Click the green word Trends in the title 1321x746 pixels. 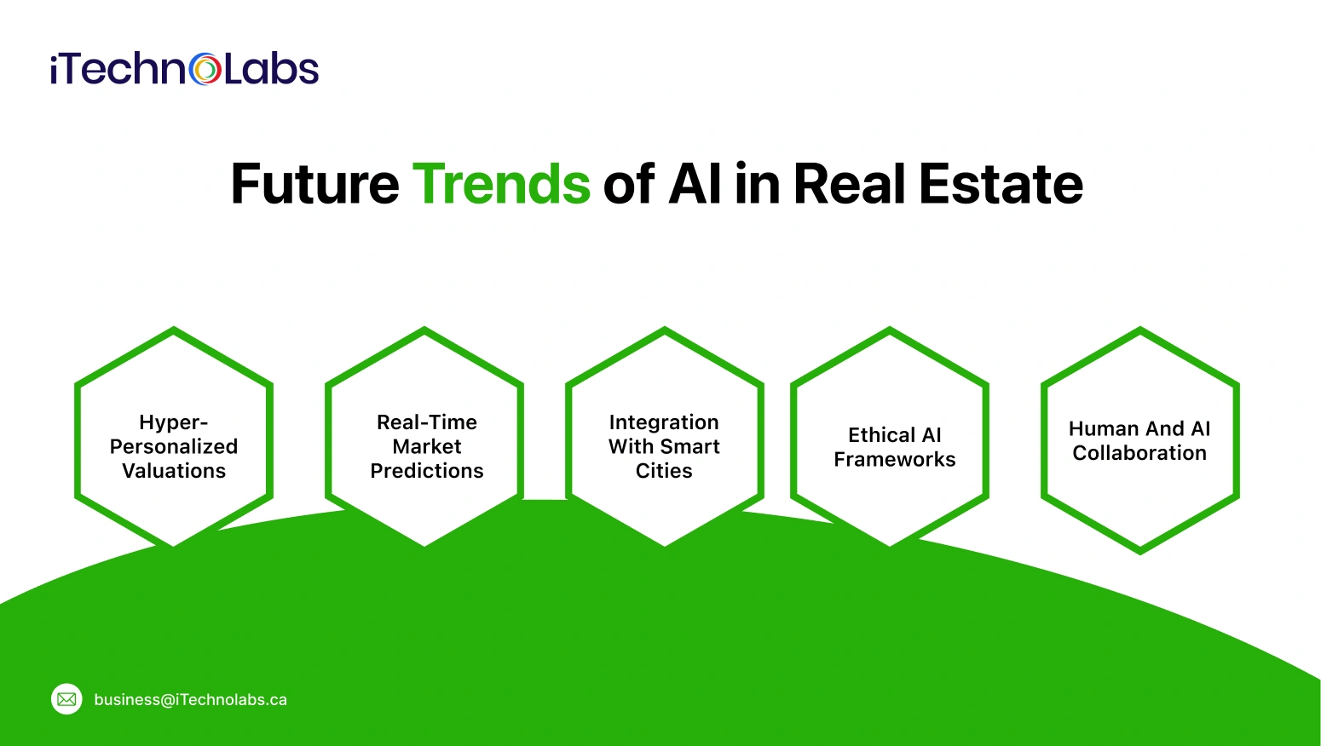[x=501, y=184]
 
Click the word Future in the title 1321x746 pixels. [x=314, y=184]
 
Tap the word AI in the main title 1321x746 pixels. [x=695, y=184]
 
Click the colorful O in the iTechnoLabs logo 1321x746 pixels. [x=205, y=70]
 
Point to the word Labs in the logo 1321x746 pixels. [x=271, y=70]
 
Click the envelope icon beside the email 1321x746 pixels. [x=66, y=699]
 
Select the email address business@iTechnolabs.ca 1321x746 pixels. [x=190, y=700]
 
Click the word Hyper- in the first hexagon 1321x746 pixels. [x=174, y=422]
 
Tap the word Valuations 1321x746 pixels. [x=174, y=471]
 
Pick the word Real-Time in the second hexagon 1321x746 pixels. [x=427, y=422]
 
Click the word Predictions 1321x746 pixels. [x=427, y=471]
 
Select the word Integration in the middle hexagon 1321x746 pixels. [x=664, y=422]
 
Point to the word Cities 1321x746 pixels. [x=664, y=471]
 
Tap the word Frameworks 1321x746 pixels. [x=895, y=460]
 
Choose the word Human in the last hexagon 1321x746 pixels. [x=1103, y=429]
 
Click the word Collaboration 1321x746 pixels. [x=1139, y=453]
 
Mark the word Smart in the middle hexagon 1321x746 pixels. [x=689, y=446]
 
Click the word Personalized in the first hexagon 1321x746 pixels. [x=174, y=446]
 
